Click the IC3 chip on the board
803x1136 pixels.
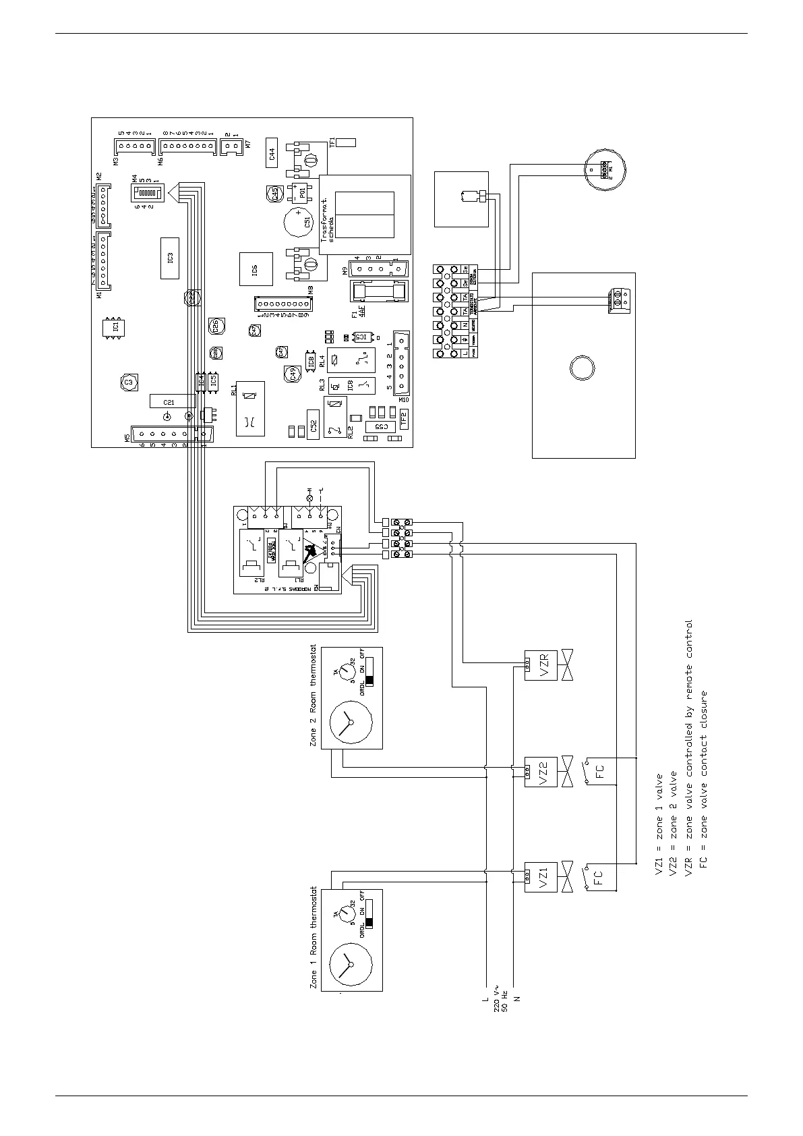[170, 258]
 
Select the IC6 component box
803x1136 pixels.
[256, 270]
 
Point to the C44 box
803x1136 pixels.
[272, 154]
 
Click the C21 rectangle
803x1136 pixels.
[169, 401]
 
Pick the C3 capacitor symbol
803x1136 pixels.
[129, 382]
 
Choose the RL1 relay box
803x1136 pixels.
[249, 409]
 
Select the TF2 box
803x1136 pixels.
[404, 418]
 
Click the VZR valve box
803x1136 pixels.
[541, 665]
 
